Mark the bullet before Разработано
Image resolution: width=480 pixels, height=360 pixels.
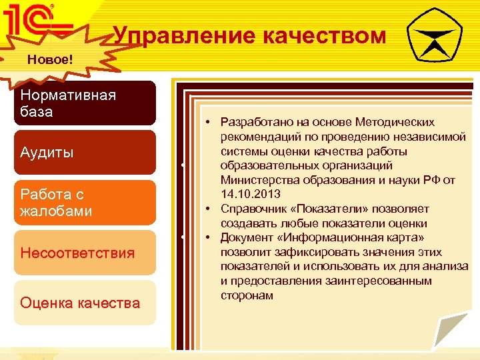(x=209, y=122)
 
